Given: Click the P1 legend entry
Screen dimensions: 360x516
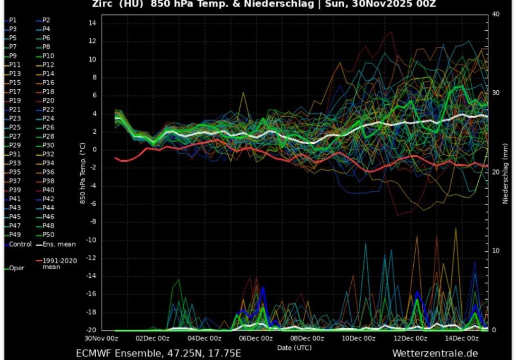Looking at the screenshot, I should (13, 20).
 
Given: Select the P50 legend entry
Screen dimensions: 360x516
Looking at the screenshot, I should (48, 234).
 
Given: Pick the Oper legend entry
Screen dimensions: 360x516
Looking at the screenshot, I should (17, 268).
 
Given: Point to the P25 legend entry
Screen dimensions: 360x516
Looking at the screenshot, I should (15, 127).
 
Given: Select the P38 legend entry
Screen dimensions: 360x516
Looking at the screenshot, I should (48, 181).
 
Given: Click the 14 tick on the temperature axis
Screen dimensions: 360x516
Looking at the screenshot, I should (92, 23).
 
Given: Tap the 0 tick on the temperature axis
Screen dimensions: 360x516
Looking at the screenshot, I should (93, 150).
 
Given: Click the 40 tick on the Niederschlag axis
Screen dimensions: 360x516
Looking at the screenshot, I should (495, 14).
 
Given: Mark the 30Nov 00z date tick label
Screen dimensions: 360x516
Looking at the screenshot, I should (101, 338).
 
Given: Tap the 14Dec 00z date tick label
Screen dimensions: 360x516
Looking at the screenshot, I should (463, 338).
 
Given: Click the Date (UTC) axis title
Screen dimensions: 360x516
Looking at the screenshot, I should (294, 347).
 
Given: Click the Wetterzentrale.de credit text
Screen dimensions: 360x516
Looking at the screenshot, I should (435, 353).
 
